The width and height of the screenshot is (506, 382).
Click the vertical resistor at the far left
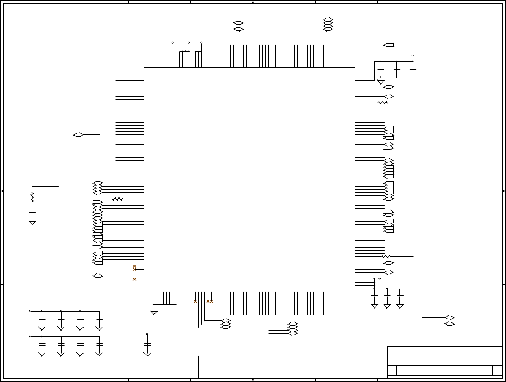click(x=32, y=197)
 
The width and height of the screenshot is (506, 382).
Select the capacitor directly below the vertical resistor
click(x=32, y=213)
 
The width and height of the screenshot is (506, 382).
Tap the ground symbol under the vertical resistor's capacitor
click(x=32, y=223)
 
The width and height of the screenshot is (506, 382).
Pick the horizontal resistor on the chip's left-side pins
click(x=117, y=199)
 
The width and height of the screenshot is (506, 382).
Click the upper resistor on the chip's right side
click(x=383, y=103)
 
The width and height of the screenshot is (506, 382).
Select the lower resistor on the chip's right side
click(x=386, y=257)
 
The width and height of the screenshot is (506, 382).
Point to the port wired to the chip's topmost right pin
click(x=389, y=45)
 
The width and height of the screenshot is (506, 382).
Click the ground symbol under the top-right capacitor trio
click(x=381, y=82)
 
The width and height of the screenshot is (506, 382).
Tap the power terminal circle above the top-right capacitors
click(x=413, y=55)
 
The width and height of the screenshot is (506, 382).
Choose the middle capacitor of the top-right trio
click(x=397, y=69)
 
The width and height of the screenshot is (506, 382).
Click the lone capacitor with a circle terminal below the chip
click(x=147, y=345)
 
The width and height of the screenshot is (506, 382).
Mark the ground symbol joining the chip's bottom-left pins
click(x=154, y=313)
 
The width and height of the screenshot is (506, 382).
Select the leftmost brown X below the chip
click(x=195, y=301)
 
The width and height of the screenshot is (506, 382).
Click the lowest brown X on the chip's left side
click(x=135, y=279)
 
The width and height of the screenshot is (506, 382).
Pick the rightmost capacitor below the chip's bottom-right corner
click(x=400, y=296)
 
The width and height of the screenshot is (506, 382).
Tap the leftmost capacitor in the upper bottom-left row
click(x=42, y=319)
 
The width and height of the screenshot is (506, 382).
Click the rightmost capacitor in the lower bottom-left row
click(x=100, y=345)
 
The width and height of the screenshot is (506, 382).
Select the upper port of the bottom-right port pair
click(x=449, y=318)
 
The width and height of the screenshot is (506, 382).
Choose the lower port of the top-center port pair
click(x=238, y=29)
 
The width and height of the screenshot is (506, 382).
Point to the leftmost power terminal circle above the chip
click(x=173, y=43)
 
